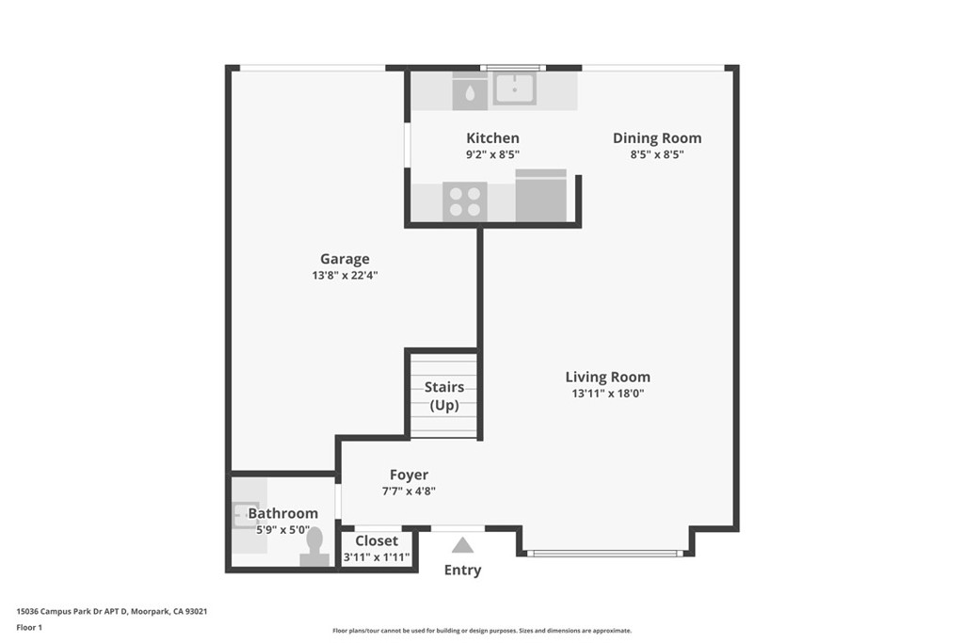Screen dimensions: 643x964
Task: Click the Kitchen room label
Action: [x=492, y=137]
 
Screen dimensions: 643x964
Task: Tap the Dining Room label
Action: [x=657, y=137]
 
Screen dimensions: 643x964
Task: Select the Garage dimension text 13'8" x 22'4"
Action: [x=345, y=276]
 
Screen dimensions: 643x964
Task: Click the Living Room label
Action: [x=607, y=377]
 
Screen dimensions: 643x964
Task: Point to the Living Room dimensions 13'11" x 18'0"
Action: [x=607, y=394]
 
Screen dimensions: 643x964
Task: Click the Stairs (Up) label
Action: [x=444, y=395]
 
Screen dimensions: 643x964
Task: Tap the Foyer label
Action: [x=409, y=474]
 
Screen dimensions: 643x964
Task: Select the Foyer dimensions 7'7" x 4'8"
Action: [x=409, y=490]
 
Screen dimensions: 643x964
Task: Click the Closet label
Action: [x=377, y=540]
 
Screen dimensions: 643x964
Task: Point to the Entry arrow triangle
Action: [x=462, y=545]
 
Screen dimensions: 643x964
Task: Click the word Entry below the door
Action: [x=462, y=570]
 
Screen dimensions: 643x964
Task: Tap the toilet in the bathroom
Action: [x=314, y=547]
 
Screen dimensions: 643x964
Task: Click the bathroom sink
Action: [x=244, y=515]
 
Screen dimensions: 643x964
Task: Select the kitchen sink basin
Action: [x=515, y=88]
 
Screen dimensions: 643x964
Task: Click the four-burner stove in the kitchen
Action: [x=464, y=201]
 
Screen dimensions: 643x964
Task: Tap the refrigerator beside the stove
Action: [x=541, y=196]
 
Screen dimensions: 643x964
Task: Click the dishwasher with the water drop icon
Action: [x=470, y=90]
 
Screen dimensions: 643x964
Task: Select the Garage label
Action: [x=345, y=259]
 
